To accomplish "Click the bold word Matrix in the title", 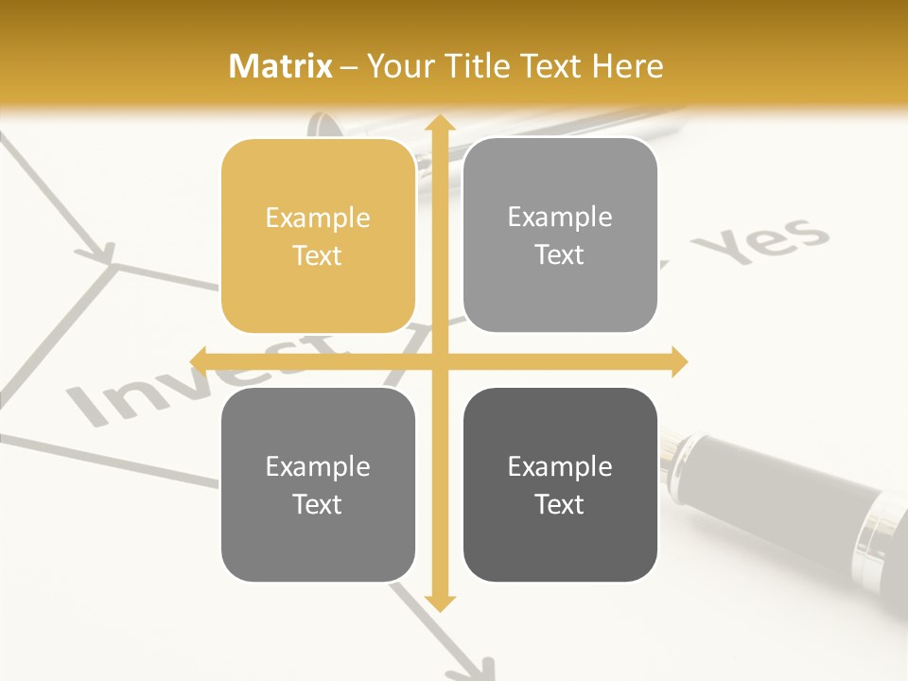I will tap(281, 66).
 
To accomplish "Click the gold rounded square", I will tap(318, 236).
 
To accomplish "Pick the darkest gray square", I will tap(560, 484).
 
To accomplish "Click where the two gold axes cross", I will tap(438, 361).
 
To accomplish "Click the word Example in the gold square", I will tap(318, 218).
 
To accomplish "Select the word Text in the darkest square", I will tap(560, 504).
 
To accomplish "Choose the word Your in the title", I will tap(398, 66).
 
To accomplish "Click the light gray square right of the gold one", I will tap(560, 236).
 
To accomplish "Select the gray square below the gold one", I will tap(318, 484).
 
